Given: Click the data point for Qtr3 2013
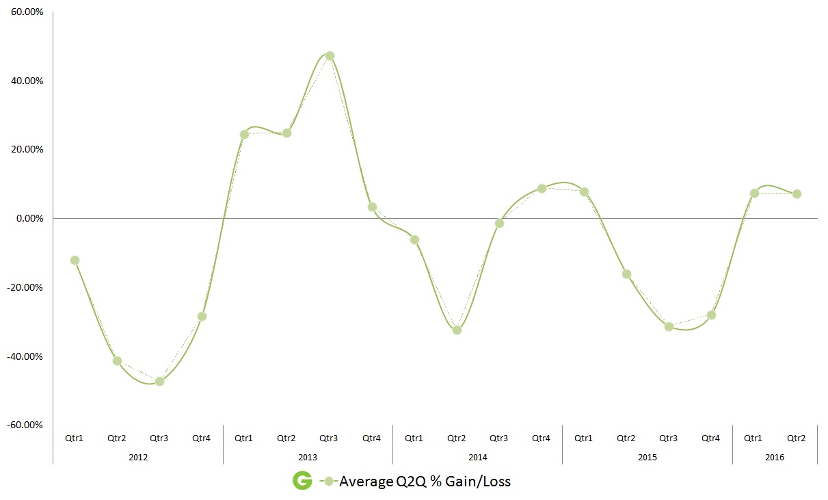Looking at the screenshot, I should [330, 56].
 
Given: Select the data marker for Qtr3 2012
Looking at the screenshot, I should [160, 381].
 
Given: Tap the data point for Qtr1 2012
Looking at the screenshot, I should [75, 260].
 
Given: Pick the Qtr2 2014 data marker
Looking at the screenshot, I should [457, 330].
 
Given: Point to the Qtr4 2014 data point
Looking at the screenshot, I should [542, 188].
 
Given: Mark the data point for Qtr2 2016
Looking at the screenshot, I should [797, 194].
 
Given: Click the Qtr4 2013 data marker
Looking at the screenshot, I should [372, 207].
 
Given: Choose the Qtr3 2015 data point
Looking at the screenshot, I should [669, 326].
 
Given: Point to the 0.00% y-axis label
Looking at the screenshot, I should [29, 218].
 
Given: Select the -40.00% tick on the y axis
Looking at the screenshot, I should [26, 356].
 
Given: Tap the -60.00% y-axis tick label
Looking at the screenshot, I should [26, 425].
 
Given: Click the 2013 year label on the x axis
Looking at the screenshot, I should [308, 456].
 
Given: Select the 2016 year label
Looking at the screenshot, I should [775, 456].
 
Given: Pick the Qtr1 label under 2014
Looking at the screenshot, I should [414, 438].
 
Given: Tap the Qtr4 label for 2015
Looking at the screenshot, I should [711, 438].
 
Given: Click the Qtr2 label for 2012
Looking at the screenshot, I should [117, 438].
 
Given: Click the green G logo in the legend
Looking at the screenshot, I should [302, 481].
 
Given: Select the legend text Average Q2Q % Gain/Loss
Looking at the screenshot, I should [425, 482].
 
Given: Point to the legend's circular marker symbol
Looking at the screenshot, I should [329, 482].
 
